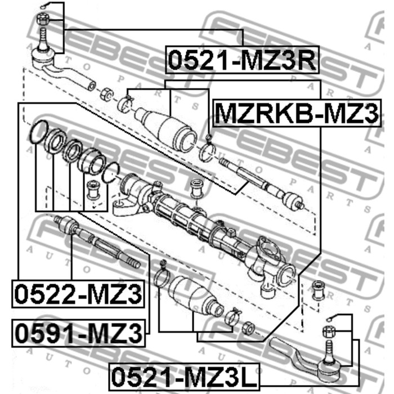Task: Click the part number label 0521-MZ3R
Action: tap(242, 60)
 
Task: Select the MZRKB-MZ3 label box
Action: tap(297, 113)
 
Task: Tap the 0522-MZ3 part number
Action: tap(78, 294)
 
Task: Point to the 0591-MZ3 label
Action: tap(78, 333)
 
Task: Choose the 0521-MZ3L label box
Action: tap(184, 377)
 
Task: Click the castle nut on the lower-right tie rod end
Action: tap(329, 331)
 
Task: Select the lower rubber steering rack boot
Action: tap(196, 297)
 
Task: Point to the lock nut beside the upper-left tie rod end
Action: tap(106, 94)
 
